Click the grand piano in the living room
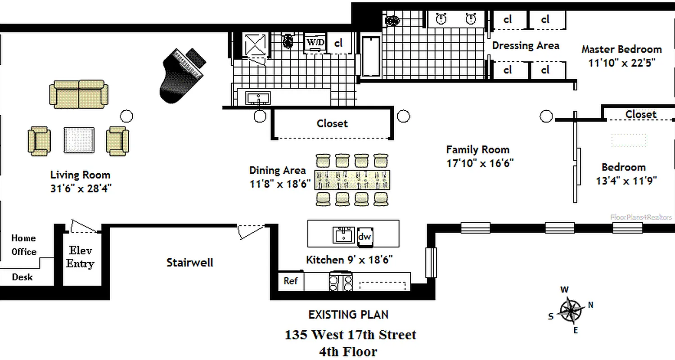182,74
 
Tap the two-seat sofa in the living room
79,94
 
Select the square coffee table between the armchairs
79,140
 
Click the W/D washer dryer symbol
315,42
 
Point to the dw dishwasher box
364,237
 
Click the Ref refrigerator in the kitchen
291,281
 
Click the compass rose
571,310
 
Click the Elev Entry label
80,257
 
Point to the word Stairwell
190,262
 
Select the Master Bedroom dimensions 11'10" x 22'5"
621,63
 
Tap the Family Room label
477,149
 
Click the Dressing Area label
525,45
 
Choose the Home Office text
24,245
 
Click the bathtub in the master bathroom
371,56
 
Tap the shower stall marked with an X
255,45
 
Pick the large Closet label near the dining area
332,123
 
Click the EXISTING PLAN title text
348,315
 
